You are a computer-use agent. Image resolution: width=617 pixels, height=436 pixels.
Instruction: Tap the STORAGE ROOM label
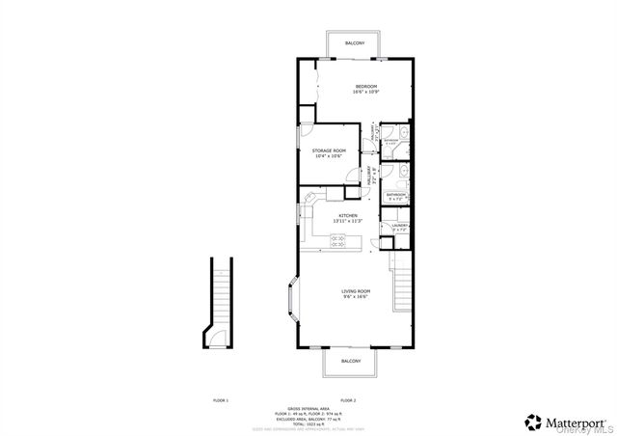(329, 150)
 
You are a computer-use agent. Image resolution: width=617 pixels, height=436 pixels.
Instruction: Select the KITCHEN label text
(348, 215)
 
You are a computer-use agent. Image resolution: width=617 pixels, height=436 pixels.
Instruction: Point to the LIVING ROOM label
(355, 290)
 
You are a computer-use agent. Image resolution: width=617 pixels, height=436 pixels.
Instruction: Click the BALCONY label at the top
(354, 43)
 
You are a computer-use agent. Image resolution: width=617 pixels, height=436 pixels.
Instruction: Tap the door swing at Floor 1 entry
(218, 337)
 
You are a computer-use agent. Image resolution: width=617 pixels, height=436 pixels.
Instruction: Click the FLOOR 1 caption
(221, 399)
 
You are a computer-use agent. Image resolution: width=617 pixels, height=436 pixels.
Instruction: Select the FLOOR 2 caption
(348, 399)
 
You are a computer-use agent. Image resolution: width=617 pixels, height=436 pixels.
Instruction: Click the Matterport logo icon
(532, 421)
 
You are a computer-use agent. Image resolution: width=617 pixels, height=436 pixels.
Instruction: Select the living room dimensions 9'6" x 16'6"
(355, 296)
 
